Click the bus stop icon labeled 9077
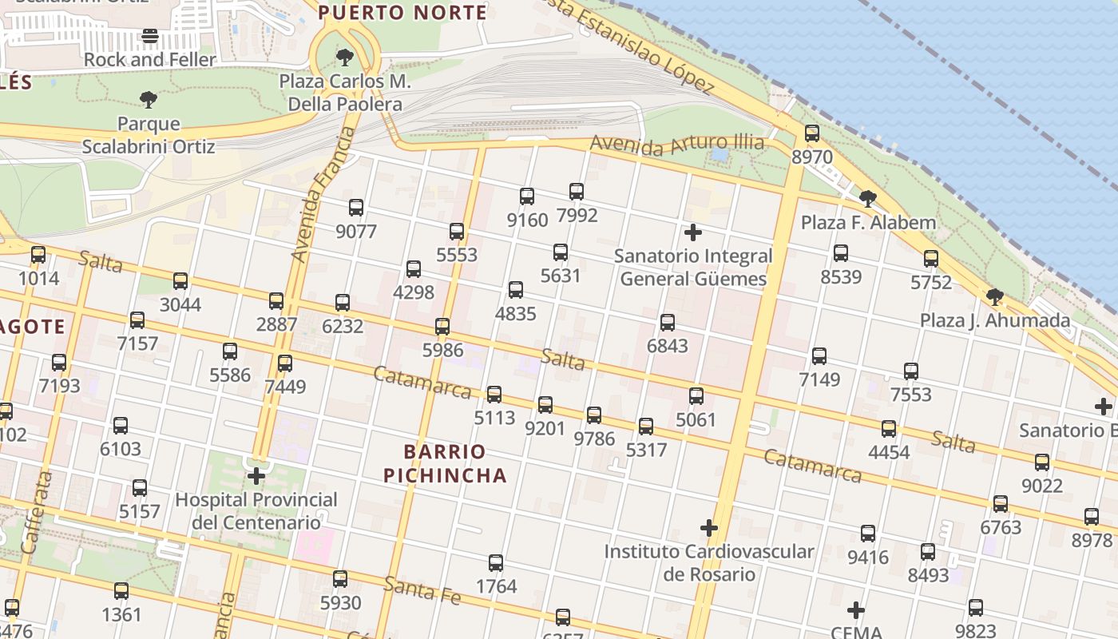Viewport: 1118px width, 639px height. click(x=356, y=208)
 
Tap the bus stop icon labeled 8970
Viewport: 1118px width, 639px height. click(x=812, y=133)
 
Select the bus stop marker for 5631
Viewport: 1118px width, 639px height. click(x=561, y=252)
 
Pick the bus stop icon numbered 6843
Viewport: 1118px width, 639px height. click(x=668, y=323)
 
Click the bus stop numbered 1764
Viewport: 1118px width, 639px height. click(x=496, y=563)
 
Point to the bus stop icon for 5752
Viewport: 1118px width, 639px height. click(x=931, y=259)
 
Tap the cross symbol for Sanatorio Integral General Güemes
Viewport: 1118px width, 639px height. click(x=693, y=232)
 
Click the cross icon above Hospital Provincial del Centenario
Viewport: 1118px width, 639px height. click(x=256, y=477)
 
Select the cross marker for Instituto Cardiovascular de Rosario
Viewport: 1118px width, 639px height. click(x=709, y=528)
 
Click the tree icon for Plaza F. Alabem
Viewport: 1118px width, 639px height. click(x=868, y=198)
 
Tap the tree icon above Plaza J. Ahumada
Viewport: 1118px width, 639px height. click(x=995, y=297)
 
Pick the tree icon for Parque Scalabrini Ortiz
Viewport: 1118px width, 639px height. click(x=148, y=100)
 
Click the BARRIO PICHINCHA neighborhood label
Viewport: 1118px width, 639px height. click(x=445, y=463)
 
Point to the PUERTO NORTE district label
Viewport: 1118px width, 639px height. click(x=402, y=13)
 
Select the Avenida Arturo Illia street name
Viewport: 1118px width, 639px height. click(x=677, y=145)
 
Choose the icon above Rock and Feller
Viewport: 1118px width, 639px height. click(x=150, y=36)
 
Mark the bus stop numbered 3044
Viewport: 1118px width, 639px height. click(x=180, y=281)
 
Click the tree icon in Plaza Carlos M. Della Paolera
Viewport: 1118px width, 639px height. click(x=345, y=57)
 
